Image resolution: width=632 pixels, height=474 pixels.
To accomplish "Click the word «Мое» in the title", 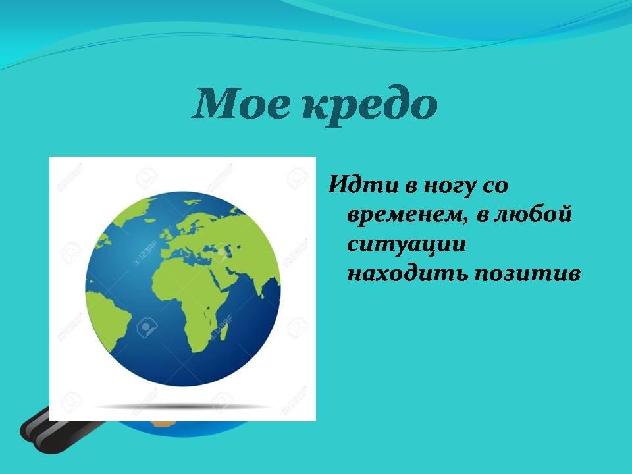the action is point(242,103).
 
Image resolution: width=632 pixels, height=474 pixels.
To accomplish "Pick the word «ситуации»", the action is point(406,244).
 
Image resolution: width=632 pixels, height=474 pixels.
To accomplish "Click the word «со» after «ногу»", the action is point(495,186).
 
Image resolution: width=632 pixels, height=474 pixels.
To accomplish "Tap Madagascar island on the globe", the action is point(223,332).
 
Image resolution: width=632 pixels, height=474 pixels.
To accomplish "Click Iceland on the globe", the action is point(149,220).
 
